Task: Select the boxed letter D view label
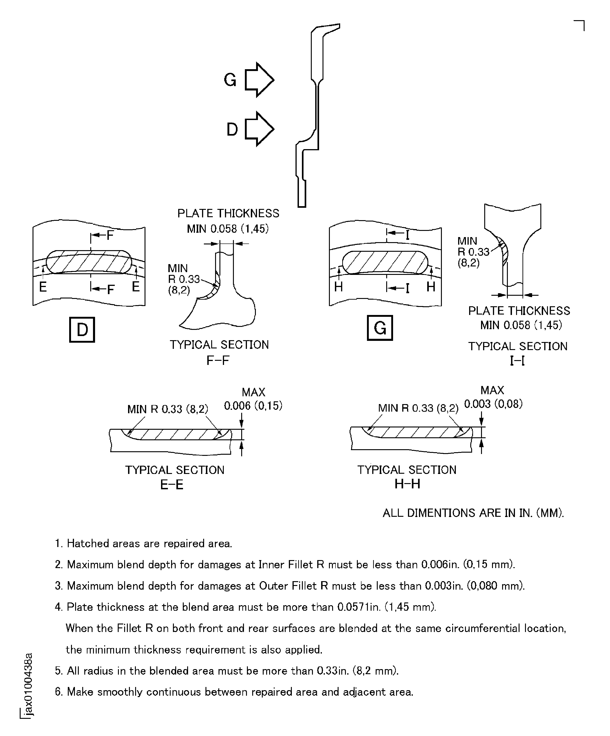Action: tap(82, 329)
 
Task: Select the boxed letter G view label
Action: tap(380, 328)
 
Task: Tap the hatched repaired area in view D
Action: tap(89, 262)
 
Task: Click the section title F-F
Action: tap(218, 360)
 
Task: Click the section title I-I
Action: tap(517, 361)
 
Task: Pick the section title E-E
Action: tap(172, 485)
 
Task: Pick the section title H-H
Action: tap(407, 484)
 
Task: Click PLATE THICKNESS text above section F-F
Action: tap(228, 213)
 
